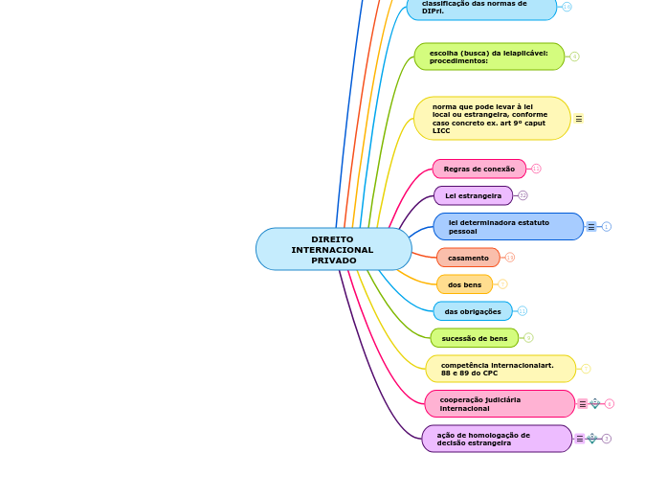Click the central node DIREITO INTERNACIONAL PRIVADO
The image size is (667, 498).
coord(333,249)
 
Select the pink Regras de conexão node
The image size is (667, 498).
coord(478,169)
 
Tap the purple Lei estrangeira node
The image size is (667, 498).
coord(473,195)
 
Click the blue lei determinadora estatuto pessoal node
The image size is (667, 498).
coord(507,227)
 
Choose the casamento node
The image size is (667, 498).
coord(468,258)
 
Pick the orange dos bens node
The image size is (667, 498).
coord(464,284)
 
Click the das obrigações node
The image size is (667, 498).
coord(472,311)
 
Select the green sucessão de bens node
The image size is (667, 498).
coord(474,338)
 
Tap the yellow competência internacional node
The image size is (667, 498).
coord(500,369)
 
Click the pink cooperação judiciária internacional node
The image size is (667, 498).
coord(499,404)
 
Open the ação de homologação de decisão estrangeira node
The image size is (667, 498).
coord(496,439)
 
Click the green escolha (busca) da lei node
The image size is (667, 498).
coord(488,57)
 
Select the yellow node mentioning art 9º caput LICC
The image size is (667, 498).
coord(491,119)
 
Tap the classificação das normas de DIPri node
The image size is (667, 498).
coord(481,8)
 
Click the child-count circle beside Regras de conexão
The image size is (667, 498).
coord(536,169)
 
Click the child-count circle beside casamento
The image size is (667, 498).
coord(510,258)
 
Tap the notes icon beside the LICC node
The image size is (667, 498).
coord(578,119)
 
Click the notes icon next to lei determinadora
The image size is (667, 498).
coord(591,227)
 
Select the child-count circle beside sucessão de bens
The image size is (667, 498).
coord(528,338)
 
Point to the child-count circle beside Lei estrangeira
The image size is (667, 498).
coord(522,195)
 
